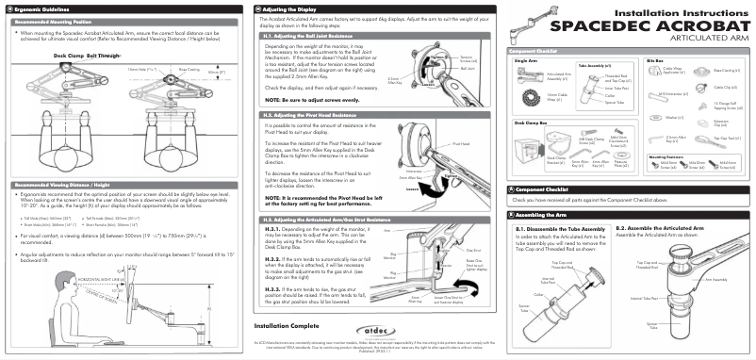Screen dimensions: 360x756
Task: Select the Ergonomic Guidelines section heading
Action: [38, 8]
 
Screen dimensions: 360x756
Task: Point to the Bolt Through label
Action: [104, 56]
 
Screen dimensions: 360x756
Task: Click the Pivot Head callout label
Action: [461, 144]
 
